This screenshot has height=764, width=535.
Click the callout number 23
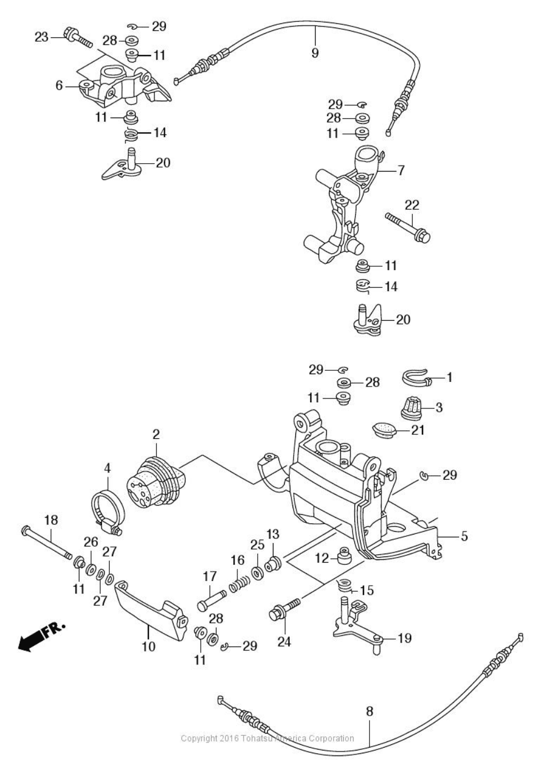coord(42,37)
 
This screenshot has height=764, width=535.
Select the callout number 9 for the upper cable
coord(314,53)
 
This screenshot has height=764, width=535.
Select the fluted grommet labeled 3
coord(411,408)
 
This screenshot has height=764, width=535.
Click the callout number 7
coord(401,169)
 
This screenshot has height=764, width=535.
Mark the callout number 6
coord(59,86)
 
